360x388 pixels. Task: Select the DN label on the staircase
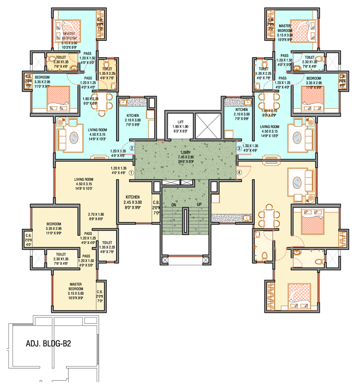(x=174, y=205)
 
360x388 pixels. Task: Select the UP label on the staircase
(x=198, y=205)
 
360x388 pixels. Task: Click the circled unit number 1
(x=131, y=172)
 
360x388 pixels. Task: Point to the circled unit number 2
(x=132, y=148)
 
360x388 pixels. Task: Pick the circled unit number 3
(x=239, y=148)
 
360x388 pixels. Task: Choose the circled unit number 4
(x=239, y=172)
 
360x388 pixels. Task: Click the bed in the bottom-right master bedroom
(x=297, y=296)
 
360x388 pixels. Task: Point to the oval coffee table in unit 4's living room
(x=298, y=182)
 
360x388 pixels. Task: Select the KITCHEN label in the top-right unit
(x=242, y=110)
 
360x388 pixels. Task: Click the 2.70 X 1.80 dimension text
(x=95, y=217)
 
